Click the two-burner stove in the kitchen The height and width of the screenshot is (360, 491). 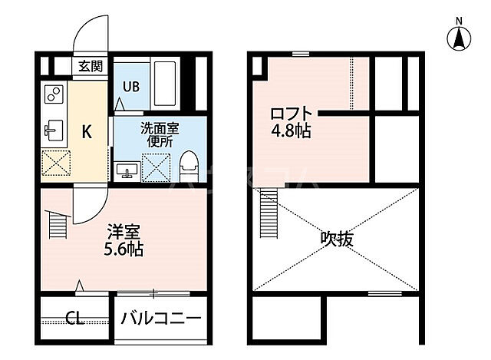(54, 94)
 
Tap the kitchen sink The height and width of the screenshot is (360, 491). (53, 131)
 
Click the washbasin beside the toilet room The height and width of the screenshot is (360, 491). (127, 169)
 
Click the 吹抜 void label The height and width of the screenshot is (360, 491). (338, 239)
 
